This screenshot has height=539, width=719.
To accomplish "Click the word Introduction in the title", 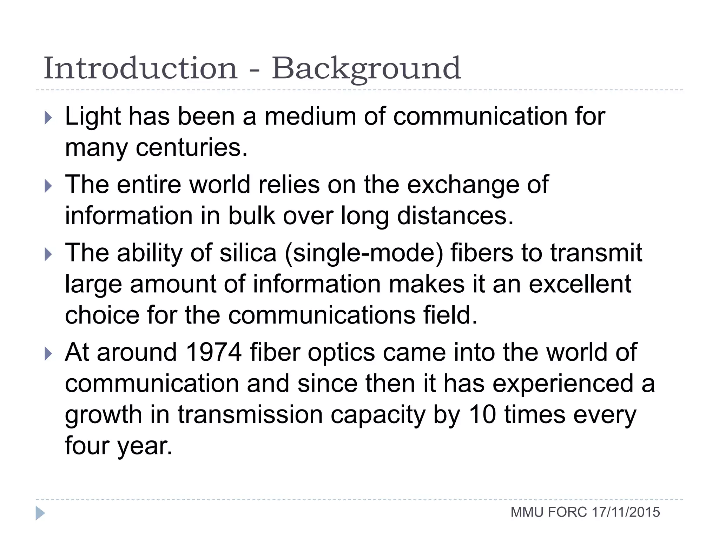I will point(140,68).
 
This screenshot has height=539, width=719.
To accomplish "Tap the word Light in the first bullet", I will point(93,117).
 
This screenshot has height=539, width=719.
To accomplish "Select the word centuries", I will point(192,147).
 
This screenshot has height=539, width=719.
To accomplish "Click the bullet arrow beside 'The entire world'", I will point(48,186).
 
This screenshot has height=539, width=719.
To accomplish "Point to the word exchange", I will point(463,185).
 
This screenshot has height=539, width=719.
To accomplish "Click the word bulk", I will point(251,215).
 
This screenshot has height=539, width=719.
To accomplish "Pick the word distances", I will point(455,215).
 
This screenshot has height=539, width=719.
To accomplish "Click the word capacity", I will point(378,415).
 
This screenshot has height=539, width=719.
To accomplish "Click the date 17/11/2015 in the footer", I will point(626,512).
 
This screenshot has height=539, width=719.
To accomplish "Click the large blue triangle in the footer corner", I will point(40,513).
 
